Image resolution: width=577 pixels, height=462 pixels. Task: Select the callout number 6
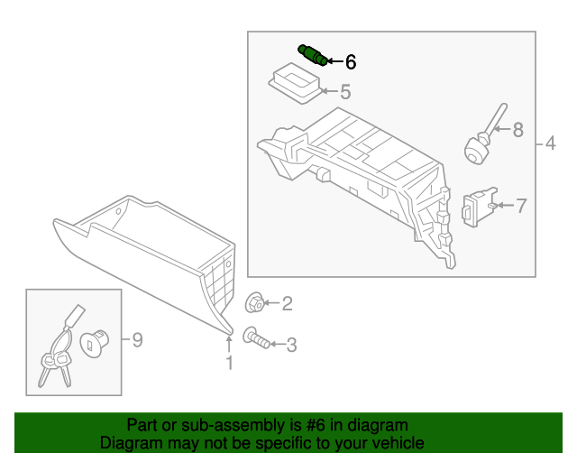point(350,62)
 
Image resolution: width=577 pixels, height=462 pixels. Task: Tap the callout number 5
point(344,92)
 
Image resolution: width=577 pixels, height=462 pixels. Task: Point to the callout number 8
point(517,130)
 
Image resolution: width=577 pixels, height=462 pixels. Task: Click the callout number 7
point(520,206)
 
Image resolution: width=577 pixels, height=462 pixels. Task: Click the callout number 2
point(287,304)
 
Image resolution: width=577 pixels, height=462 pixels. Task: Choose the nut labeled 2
point(255,303)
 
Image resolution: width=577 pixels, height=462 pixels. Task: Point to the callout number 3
point(290,344)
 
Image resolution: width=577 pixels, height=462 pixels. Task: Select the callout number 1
point(229,363)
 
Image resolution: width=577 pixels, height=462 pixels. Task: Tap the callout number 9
point(137,340)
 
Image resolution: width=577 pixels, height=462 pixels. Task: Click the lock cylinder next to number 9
point(94,342)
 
